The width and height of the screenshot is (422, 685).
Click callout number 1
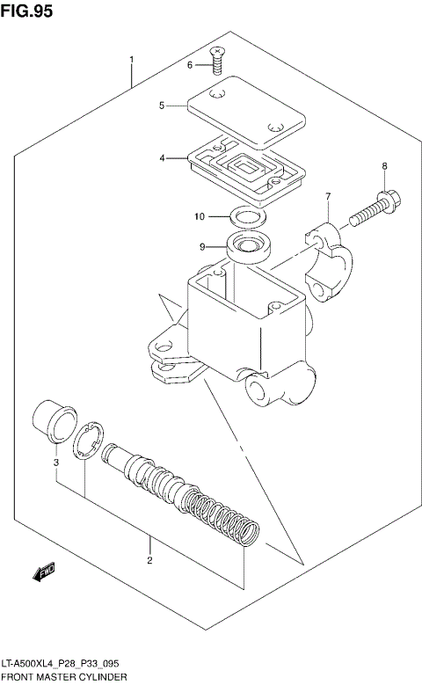[131, 61]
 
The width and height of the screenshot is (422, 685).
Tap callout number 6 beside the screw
[188, 64]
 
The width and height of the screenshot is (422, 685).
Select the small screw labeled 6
[216, 59]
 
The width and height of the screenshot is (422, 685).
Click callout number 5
[162, 106]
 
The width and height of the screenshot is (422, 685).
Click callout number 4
[162, 158]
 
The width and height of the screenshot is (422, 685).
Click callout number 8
[383, 166]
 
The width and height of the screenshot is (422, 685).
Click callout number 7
[327, 195]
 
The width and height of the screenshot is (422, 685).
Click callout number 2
[150, 560]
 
